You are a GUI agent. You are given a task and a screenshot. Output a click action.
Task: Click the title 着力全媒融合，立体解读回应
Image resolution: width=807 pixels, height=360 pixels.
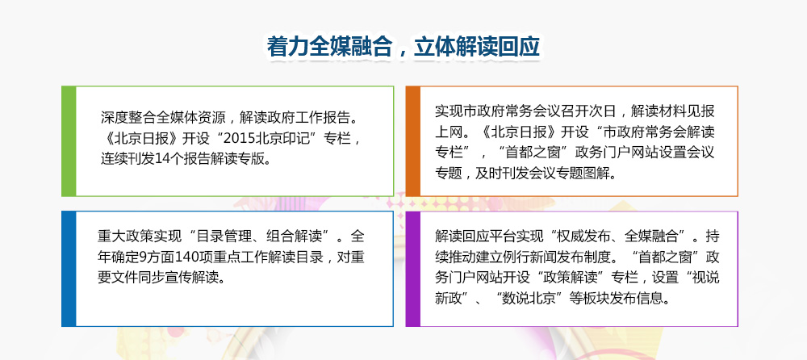[403, 47]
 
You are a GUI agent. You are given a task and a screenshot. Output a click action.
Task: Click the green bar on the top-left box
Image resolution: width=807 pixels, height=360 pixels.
[68, 141]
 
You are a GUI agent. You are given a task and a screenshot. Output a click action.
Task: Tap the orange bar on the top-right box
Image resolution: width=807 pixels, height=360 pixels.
[412, 141]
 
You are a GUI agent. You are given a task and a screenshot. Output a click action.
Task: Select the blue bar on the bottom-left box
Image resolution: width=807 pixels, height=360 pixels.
[68, 269]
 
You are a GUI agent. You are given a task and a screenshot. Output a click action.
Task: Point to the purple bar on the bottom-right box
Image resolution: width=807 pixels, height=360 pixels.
[412, 269]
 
